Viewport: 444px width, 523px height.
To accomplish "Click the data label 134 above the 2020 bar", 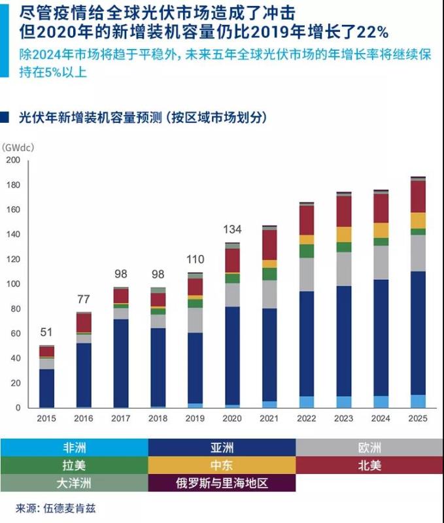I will (232, 229).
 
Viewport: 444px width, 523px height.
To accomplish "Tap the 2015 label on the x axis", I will (46, 419).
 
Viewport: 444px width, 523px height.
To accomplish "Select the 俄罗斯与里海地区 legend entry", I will (222, 484).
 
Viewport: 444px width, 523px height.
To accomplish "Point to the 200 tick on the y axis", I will (13, 160).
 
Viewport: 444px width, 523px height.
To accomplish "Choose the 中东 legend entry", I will (222, 465).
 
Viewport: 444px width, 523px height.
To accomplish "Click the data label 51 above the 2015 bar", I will (46, 332).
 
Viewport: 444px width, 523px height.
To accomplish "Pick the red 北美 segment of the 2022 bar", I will (307, 220).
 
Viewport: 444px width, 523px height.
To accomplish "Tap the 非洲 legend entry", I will (74, 448).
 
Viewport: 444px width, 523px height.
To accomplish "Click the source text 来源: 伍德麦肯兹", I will (56, 508).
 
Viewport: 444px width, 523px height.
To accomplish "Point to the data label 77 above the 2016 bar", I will (84, 300).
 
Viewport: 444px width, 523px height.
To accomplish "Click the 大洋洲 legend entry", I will (74, 484).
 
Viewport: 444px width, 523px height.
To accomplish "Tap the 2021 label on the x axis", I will (269, 419).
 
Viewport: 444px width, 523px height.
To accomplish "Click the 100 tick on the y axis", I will (13, 284).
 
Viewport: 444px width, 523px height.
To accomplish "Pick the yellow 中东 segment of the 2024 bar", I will (381, 230).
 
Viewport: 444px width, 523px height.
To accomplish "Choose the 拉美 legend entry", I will (74, 465).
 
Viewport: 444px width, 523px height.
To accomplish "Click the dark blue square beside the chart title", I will (5, 118).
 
